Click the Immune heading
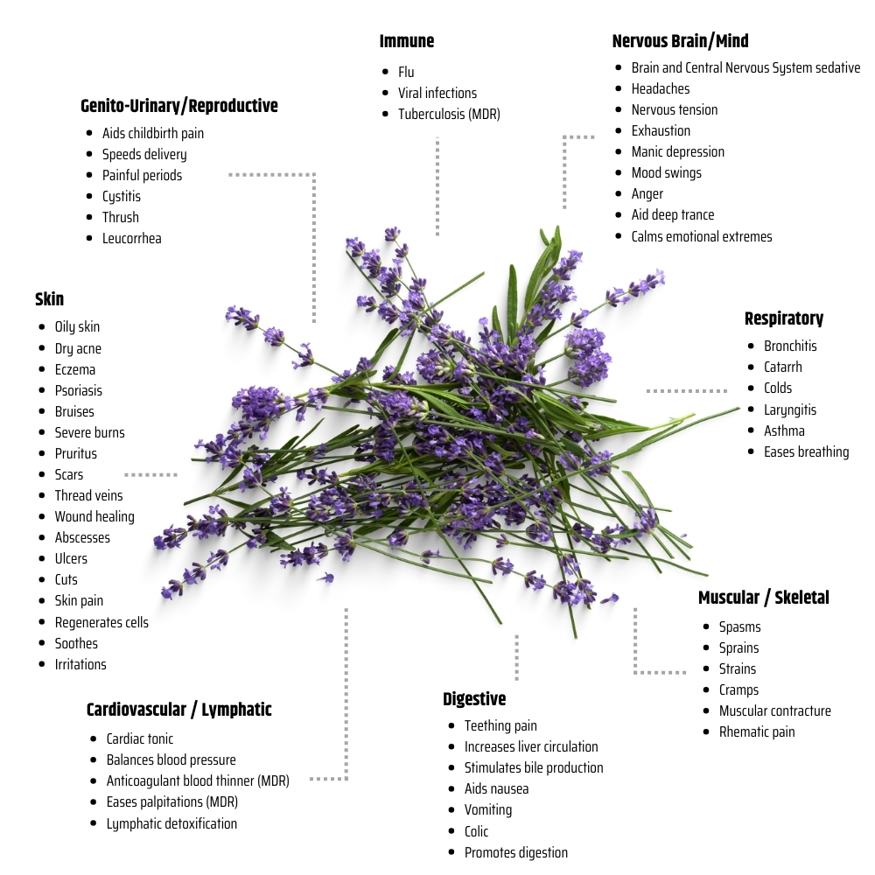click(406, 41)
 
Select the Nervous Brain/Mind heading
click(680, 41)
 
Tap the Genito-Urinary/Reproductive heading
click(179, 106)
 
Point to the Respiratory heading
click(783, 318)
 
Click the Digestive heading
click(474, 698)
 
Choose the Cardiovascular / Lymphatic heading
click(179, 710)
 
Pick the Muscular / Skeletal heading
click(763, 598)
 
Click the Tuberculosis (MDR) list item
click(449, 115)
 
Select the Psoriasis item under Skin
click(78, 390)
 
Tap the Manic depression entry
click(677, 151)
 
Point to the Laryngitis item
click(789, 410)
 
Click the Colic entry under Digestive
click(476, 831)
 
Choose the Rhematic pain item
click(757, 732)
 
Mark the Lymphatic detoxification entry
click(171, 824)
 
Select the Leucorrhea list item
click(132, 239)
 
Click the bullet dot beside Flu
click(385, 72)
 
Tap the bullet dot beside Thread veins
click(42, 495)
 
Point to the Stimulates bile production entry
click(534, 768)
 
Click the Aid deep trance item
click(672, 215)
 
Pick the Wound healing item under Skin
click(94, 517)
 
